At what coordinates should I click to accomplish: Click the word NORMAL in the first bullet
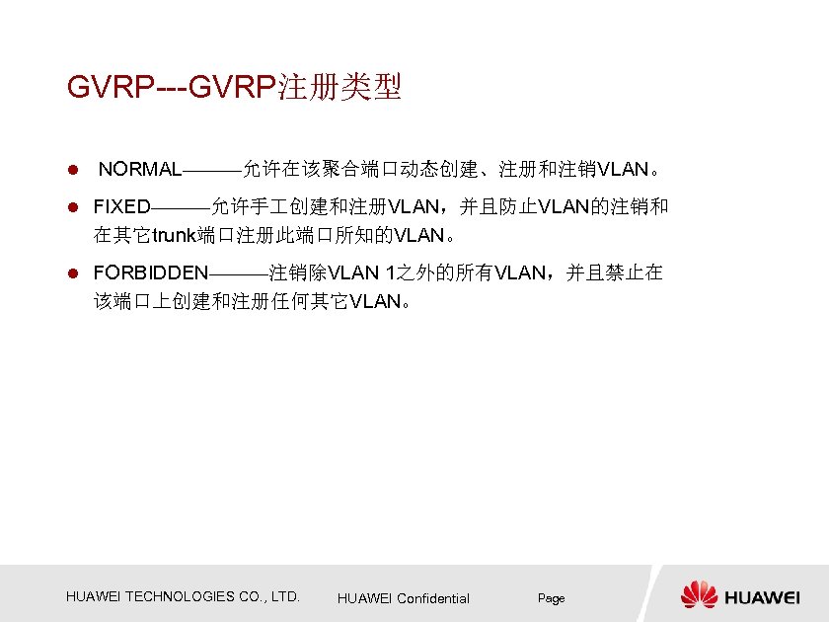[x=139, y=169]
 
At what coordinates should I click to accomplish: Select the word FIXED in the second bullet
[x=121, y=207]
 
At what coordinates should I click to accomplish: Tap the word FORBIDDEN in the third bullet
[x=150, y=272]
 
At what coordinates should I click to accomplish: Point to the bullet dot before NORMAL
[x=71, y=170]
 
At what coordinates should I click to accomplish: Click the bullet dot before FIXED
[x=71, y=208]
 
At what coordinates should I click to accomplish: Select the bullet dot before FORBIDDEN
[x=71, y=273]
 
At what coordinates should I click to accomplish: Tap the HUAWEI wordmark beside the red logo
[x=763, y=596]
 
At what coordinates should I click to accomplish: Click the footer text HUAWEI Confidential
[x=403, y=598]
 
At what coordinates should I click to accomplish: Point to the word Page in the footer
[x=551, y=598]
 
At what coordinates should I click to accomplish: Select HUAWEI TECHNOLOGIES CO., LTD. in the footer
[x=183, y=596]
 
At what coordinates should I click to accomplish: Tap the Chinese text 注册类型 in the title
[x=340, y=88]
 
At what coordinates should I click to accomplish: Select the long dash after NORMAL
[x=211, y=170]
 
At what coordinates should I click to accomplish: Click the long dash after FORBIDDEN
[x=238, y=273]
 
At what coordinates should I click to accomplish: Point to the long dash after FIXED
[x=181, y=208]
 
